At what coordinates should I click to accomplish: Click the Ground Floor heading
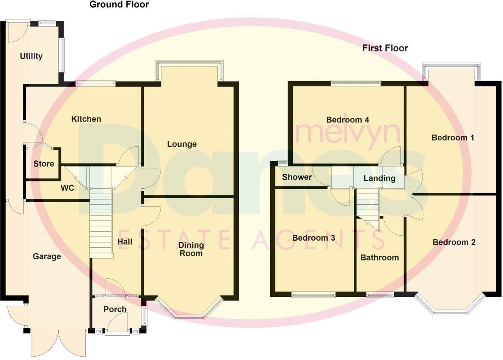119,5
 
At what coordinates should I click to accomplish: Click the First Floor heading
385,48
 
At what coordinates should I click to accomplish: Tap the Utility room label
31,56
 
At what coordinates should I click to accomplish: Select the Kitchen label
86,119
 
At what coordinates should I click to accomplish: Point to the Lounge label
182,144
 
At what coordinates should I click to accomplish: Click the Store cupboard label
44,164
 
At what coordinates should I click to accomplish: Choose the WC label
67,188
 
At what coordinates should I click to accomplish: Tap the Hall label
125,242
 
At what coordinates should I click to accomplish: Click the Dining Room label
191,249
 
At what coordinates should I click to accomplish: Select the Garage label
47,257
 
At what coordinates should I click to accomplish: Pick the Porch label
115,309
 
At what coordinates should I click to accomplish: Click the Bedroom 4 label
348,120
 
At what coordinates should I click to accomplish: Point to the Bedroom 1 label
453,138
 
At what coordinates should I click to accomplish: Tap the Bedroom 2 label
454,242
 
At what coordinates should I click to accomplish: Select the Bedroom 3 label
314,238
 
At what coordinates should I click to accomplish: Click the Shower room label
297,177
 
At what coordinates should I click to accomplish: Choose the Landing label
379,179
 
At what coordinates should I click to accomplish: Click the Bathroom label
379,258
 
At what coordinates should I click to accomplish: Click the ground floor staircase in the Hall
101,225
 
